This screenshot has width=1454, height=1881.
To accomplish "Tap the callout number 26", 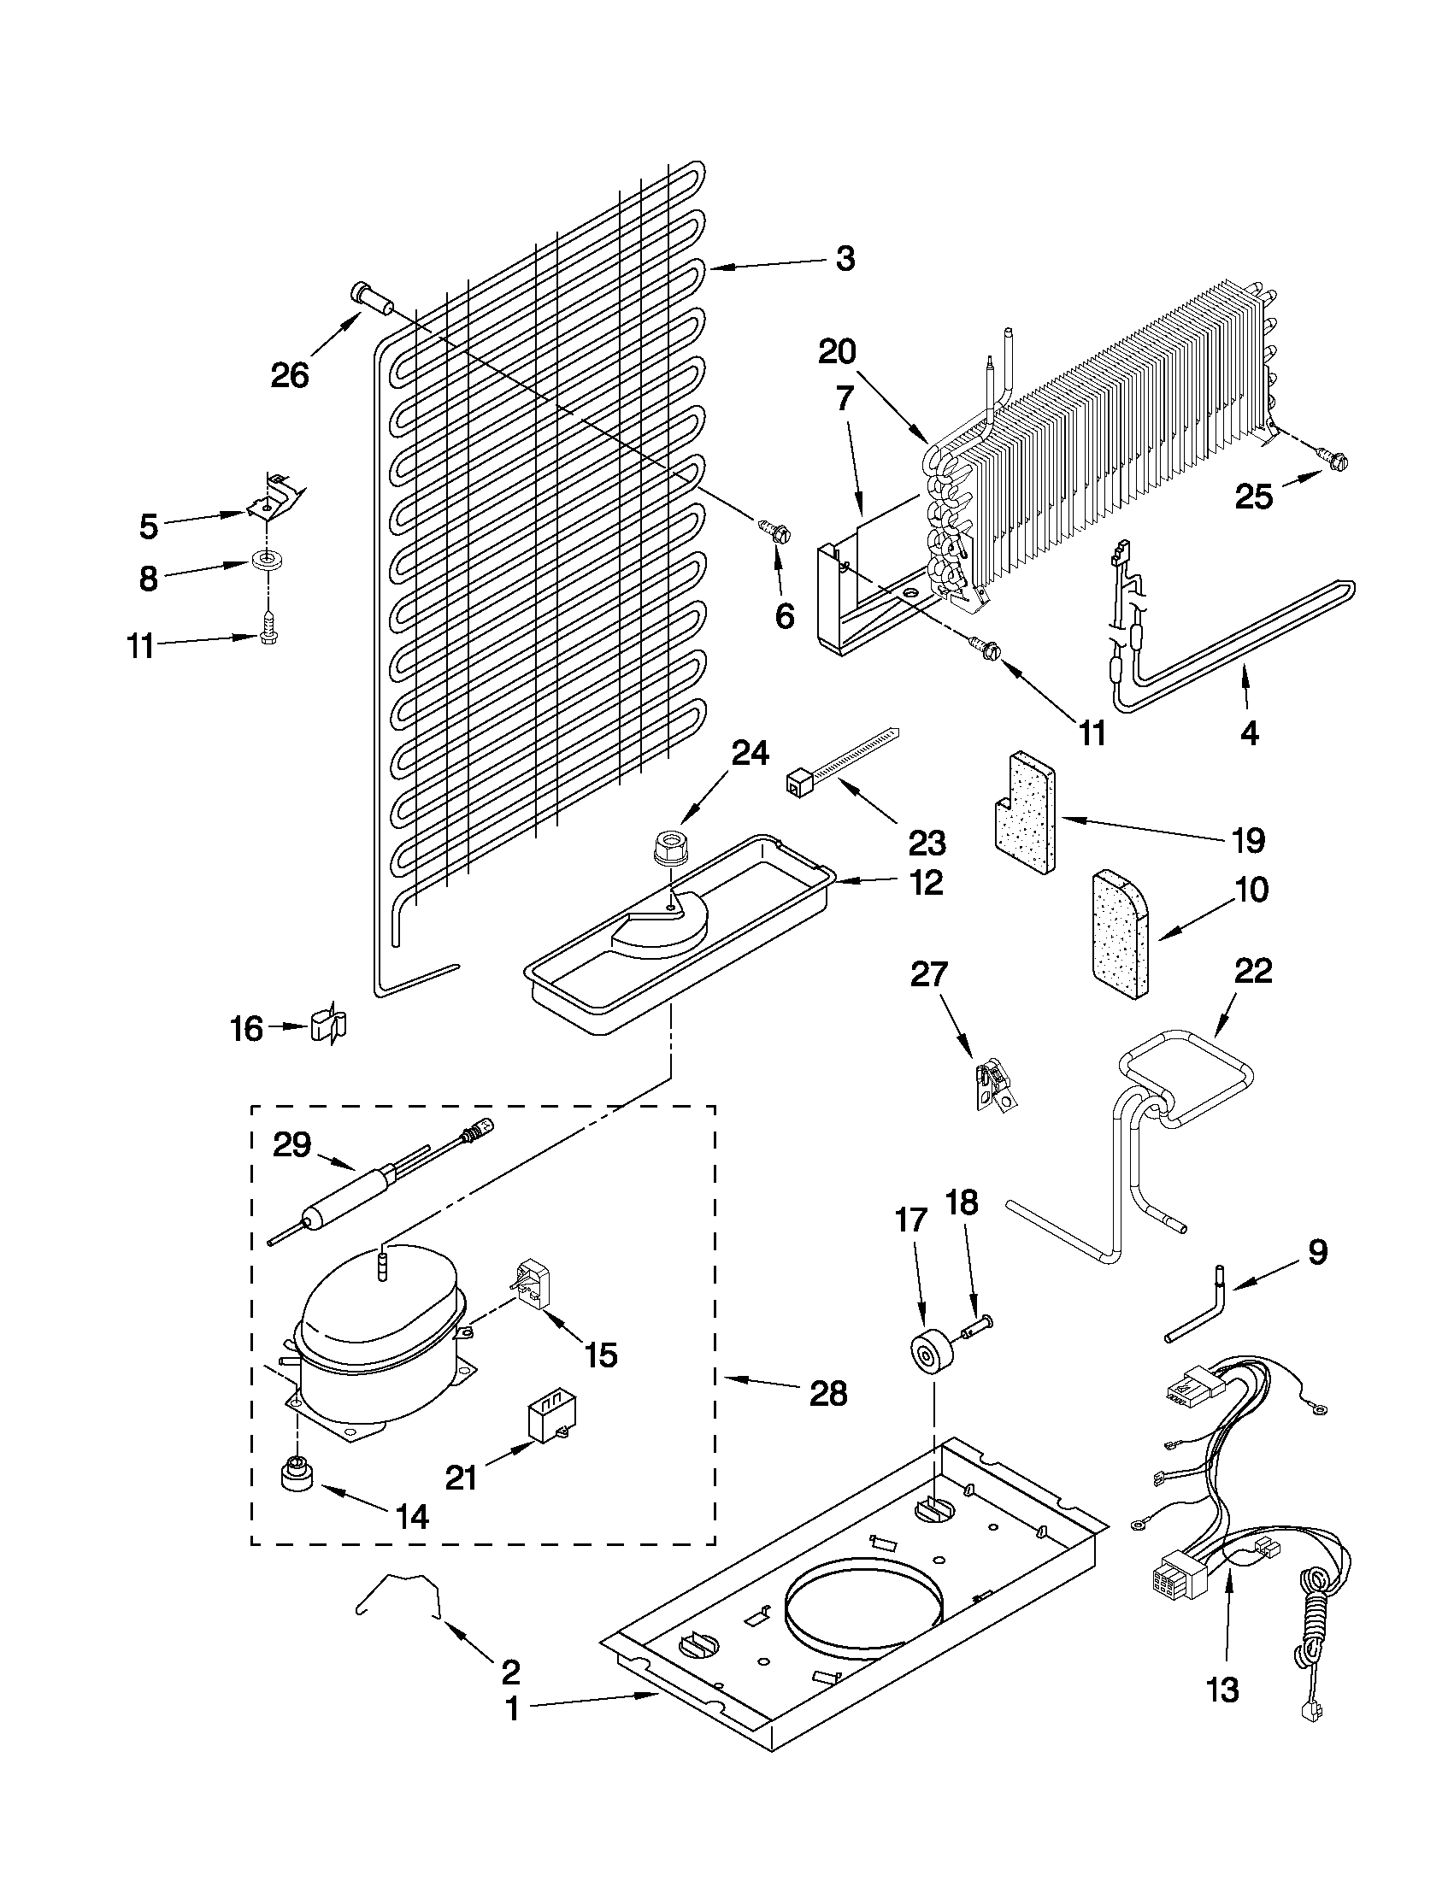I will [x=290, y=374].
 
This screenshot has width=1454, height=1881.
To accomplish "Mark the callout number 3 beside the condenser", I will [x=845, y=257].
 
